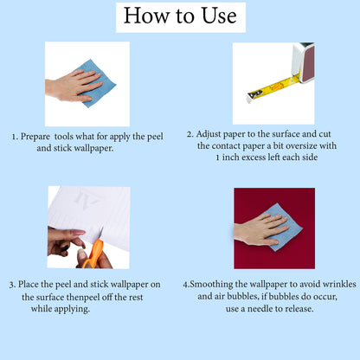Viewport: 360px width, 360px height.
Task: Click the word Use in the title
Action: coord(219,16)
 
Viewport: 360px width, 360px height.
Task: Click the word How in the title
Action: coord(146,16)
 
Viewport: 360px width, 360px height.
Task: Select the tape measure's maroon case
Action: coord(307,63)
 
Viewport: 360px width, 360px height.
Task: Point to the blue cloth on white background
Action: coord(95,83)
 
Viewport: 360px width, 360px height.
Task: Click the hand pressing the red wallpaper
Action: coord(260,230)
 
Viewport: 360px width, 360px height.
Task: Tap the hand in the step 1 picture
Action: coord(74,86)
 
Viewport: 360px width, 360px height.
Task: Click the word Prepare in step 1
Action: coord(35,137)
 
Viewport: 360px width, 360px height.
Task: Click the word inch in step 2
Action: coord(231,157)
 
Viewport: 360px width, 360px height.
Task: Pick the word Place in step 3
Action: coord(29,284)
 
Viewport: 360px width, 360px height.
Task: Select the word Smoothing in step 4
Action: coord(211,285)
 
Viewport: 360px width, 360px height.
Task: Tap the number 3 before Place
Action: coord(11,285)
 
